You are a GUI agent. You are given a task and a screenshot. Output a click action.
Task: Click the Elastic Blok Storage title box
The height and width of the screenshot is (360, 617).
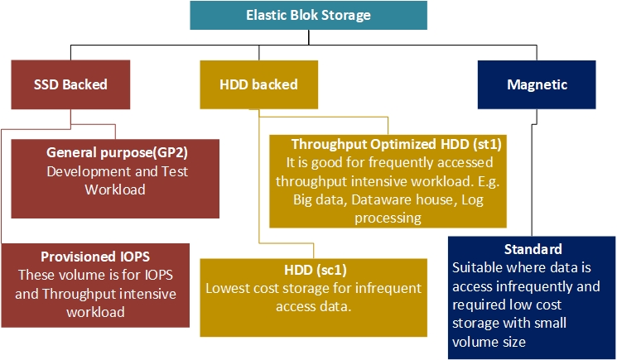[308, 15]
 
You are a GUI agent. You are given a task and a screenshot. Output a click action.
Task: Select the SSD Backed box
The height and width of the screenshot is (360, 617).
[70, 84]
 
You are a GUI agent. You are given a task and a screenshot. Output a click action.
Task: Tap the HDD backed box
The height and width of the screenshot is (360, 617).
[259, 84]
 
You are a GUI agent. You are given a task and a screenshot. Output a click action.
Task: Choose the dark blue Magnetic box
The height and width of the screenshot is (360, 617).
[536, 84]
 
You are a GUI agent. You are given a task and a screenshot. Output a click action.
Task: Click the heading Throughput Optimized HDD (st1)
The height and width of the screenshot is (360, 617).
[384, 143]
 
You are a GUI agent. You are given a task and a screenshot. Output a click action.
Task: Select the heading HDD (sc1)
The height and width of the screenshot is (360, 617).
[313, 270]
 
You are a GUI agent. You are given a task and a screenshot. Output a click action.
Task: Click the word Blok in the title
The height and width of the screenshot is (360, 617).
[311, 15]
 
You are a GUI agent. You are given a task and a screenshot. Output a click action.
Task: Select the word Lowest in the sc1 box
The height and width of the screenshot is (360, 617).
[228, 288]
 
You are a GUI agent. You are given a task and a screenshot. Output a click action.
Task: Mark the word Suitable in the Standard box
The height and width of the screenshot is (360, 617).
[478, 268]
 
